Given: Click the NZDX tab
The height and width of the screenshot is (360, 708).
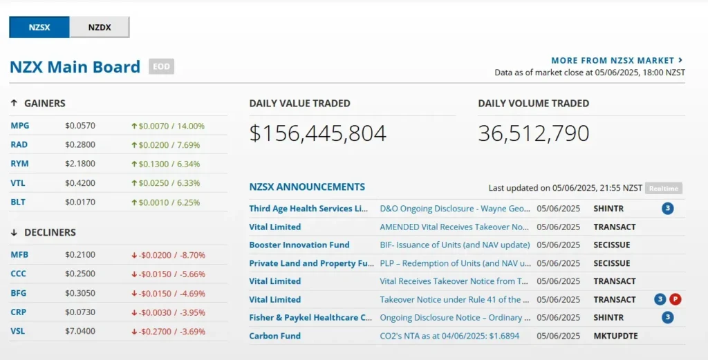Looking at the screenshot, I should pos(100,28).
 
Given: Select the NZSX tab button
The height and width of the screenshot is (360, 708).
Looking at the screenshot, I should pos(39,28).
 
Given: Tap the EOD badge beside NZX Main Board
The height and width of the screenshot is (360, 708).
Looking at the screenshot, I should pos(162,66).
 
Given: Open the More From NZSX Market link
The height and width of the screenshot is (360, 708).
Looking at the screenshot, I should pos(617,61).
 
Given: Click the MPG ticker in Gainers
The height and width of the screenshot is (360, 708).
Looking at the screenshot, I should pos(20,126).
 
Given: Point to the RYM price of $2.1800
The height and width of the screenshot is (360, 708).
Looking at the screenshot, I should pos(80,164).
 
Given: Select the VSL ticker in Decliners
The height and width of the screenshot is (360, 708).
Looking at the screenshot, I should pos(18,331).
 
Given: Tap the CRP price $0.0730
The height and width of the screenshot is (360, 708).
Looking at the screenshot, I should pos(80,312).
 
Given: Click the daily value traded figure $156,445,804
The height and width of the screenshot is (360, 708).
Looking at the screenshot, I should pos(317,133).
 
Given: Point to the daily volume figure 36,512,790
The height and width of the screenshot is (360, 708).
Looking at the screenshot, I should pos(533,133).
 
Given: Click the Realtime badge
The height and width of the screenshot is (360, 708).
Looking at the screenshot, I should pos(664,189).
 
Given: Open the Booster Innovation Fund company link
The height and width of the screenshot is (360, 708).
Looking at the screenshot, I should pos(299,245).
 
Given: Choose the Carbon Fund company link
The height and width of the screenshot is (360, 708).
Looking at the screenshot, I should pos(275,336).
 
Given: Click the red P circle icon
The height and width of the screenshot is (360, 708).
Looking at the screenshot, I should pos(676,299).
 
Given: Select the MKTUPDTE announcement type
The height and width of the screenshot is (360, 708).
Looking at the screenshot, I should pos(615,336).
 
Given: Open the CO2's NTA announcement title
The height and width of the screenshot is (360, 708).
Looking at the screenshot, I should pos(449,336).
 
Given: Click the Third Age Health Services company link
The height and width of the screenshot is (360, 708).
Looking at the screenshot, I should pos(309,208).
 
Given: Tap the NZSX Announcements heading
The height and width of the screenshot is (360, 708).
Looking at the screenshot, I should pos(307,187).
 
